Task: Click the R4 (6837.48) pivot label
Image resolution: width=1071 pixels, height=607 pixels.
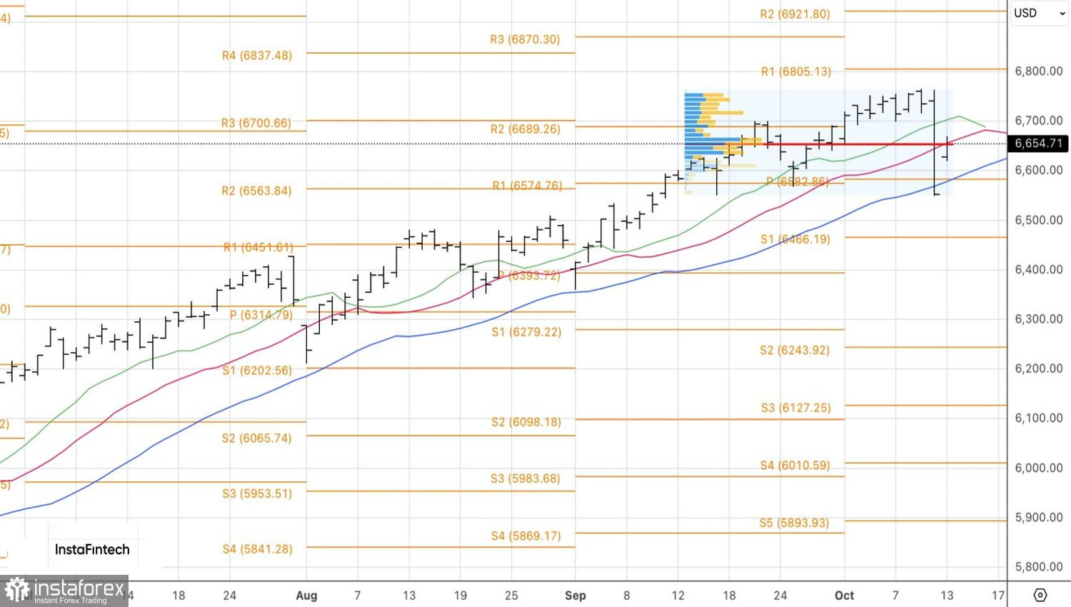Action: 257,56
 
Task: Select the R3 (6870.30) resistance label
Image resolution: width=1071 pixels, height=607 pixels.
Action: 525,40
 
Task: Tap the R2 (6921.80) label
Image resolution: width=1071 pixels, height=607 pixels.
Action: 795,14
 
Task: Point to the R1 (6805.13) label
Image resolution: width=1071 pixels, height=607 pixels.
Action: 795,71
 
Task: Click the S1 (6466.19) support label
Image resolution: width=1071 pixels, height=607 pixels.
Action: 795,239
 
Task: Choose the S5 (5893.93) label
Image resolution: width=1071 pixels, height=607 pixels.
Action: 794,523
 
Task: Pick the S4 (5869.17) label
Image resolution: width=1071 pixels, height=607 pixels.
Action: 526,536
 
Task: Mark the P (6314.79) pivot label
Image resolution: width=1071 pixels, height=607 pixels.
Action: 261,315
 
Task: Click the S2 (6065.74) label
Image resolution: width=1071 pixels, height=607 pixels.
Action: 256,438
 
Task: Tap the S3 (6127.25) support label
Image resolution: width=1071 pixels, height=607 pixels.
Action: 795,408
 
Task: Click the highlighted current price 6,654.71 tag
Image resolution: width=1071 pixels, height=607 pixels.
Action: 1038,144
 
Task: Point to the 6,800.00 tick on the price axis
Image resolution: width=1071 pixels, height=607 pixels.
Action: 1038,71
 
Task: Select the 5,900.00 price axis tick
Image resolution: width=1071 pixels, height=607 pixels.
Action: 1038,518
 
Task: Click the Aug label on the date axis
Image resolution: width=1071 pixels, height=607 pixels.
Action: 306,596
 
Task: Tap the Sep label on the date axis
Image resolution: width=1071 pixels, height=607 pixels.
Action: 575,596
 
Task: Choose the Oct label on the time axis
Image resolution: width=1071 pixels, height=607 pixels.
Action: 844,596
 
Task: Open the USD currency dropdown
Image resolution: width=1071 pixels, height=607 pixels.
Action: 1039,14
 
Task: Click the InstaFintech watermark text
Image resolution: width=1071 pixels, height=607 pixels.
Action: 92,550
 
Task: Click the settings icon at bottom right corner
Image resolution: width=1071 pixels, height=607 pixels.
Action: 1040,596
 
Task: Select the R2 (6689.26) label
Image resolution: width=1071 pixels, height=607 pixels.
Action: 525,129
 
